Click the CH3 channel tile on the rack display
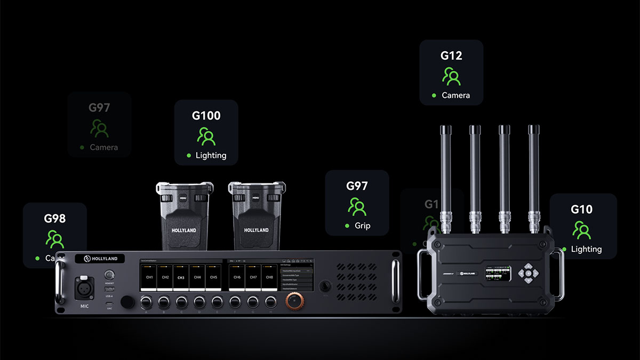point(181,277)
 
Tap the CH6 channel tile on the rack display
point(237,277)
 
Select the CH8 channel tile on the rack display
point(269,277)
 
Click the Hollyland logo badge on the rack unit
point(100,259)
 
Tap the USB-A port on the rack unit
point(109,289)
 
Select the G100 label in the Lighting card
point(206,116)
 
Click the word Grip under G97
point(362,226)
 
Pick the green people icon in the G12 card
point(451,76)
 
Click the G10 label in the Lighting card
point(581,209)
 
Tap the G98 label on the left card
point(54,218)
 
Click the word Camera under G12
point(455,95)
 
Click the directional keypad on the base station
point(527,273)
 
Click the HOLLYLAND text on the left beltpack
point(183,230)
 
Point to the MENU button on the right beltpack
point(255,198)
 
